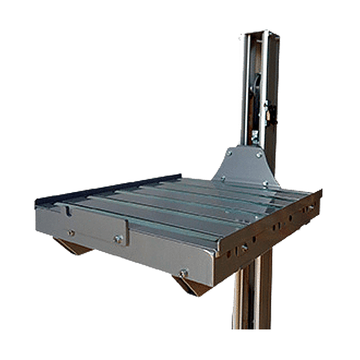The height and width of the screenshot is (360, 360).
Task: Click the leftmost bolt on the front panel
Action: click(71, 232)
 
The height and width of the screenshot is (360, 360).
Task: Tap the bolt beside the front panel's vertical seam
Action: click(118, 239)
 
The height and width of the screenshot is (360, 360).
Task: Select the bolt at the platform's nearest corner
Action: click(184, 273)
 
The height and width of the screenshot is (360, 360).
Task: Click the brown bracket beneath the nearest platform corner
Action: click(191, 286)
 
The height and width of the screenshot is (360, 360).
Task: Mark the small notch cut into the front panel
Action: click(68, 211)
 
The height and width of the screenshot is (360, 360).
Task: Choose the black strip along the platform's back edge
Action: click(108, 188)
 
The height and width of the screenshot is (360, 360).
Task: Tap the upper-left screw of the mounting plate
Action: click(229, 153)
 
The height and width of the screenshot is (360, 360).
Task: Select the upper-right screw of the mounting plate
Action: click(259, 154)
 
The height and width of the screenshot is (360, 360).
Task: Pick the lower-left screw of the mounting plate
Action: click(221, 178)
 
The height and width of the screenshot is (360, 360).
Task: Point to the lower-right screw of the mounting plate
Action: click(265, 184)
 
